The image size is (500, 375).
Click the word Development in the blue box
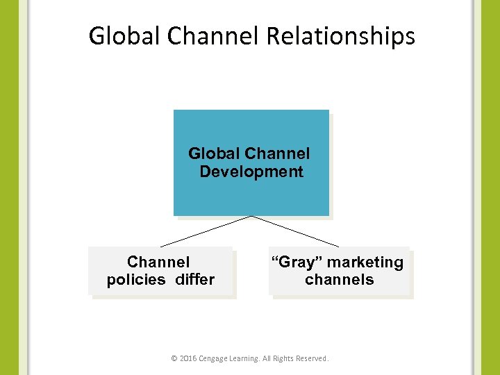(x=251, y=172)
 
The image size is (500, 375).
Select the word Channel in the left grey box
(x=158, y=262)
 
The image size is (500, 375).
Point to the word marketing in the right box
(x=365, y=262)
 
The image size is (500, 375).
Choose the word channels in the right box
(x=339, y=280)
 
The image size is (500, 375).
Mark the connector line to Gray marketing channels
(x=295, y=231)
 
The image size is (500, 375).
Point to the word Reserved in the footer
(x=311, y=359)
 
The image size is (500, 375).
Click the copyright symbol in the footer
(x=174, y=359)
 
